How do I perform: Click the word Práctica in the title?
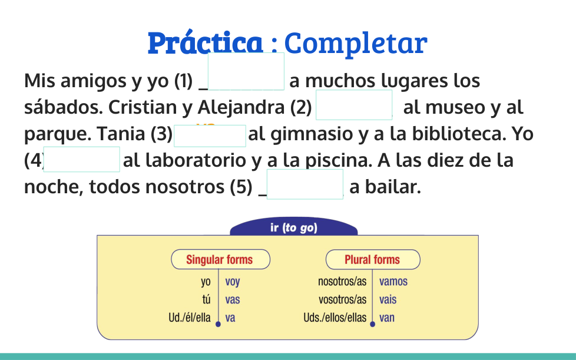tap(206, 42)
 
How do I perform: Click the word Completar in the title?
tap(356, 44)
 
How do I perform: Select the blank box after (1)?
tap(246, 71)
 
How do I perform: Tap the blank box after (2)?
tap(354, 105)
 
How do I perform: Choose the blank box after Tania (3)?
tap(210, 136)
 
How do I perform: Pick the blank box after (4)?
tap(81, 159)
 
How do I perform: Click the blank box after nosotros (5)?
tap(305, 184)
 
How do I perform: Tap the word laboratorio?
tap(196, 160)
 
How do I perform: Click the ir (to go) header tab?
tap(293, 227)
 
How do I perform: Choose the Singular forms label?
tap(220, 259)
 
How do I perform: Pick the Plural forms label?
tap(373, 259)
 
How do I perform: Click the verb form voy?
tap(233, 282)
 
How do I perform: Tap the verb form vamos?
tap(393, 282)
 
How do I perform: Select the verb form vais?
tap(388, 299)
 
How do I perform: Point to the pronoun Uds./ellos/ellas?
tap(335, 318)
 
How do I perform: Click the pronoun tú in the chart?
tap(207, 299)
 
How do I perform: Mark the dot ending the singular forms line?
tap(218, 324)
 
